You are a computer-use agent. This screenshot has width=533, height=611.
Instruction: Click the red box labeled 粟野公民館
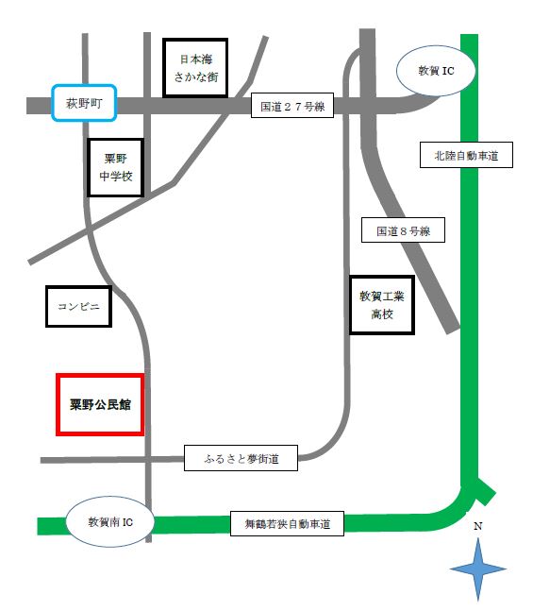(x=100, y=404)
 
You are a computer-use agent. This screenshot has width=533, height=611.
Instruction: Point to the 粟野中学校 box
(x=115, y=168)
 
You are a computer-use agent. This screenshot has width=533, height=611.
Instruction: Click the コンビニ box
(x=78, y=306)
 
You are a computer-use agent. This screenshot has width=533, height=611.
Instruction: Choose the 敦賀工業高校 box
(x=382, y=304)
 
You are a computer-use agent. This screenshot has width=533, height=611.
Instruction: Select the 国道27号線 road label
(x=292, y=107)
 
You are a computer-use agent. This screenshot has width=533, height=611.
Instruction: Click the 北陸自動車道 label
(x=466, y=156)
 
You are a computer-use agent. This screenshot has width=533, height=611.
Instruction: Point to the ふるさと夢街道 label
(x=242, y=459)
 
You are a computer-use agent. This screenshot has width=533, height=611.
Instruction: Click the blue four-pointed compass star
(x=478, y=568)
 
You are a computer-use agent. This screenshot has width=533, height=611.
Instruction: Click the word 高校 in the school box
(x=382, y=314)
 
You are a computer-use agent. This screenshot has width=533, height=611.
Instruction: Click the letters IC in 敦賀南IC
(x=124, y=521)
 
